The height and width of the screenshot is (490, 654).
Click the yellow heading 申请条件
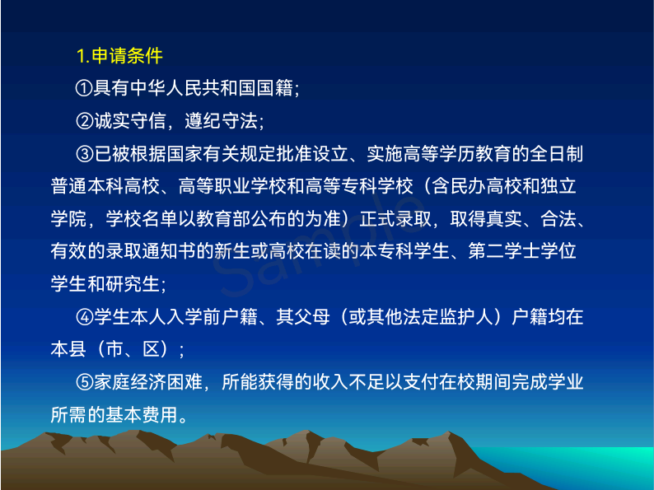(127, 56)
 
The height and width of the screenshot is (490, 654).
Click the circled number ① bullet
(84, 88)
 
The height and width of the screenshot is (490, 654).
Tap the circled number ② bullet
(85, 121)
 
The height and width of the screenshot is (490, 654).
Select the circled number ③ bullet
(85, 154)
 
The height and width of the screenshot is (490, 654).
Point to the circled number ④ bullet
(85, 317)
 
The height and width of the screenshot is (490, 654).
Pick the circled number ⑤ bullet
(85, 382)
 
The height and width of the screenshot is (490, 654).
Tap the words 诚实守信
(130, 121)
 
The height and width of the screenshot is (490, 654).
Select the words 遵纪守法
(221, 121)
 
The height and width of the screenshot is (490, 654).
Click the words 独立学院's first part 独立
(558, 186)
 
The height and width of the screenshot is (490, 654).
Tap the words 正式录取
(395, 219)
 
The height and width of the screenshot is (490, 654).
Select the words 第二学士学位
(522, 251)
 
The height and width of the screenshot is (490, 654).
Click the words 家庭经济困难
(148, 382)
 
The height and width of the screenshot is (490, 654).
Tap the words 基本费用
(142, 415)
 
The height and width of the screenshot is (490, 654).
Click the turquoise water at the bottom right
(584, 463)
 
